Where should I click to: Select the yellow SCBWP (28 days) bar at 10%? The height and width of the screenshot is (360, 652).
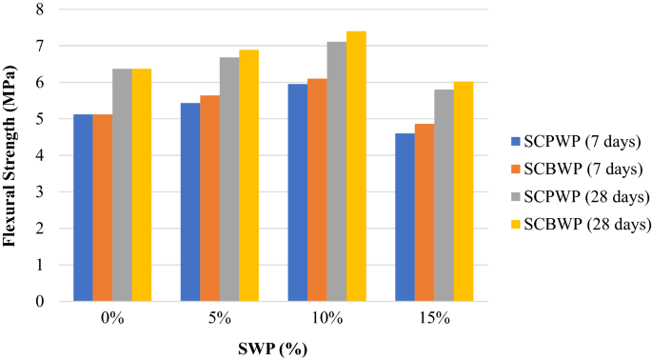[356, 167]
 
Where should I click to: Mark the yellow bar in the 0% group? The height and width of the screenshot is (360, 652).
[142, 185]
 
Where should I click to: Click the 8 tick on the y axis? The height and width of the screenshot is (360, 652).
[39, 10]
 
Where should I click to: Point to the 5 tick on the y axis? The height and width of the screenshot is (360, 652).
[39, 119]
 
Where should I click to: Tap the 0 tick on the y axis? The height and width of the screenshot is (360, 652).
[39, 302]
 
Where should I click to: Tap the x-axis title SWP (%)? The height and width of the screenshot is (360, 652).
[272, 347]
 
